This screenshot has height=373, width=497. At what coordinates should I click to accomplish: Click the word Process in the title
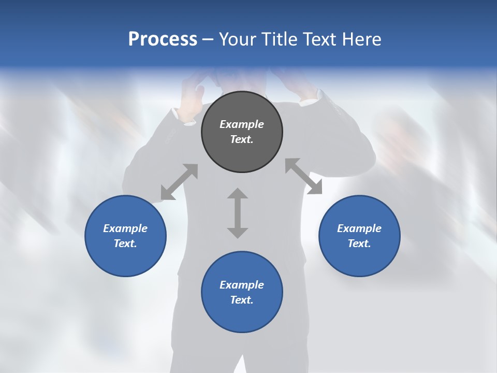click(x=163, y=39)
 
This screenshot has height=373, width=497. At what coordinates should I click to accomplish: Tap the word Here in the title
click(x=362, y=39)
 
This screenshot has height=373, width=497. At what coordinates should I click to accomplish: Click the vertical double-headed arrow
click(x=238, y=213)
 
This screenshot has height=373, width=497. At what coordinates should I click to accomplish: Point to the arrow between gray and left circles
click(x=179, y=182)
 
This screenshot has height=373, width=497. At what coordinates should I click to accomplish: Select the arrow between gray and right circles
click(x=303, y=176)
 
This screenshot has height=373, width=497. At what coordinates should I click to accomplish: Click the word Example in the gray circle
click(x=242, y=124)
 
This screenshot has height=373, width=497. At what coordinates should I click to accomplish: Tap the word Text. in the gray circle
click(x=242, y=140)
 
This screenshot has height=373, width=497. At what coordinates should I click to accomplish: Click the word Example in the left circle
click(x=125, y=228)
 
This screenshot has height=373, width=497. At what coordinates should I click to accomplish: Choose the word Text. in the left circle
click(x=125, y=244)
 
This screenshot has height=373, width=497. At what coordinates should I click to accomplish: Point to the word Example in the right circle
click(x=359, y=228)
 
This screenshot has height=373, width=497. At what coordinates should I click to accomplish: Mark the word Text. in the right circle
click(x=359, y=244)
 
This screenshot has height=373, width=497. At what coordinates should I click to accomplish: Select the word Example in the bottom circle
click(x=242, y=285)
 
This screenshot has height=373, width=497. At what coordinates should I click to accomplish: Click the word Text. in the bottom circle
click(x=242, y=300)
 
